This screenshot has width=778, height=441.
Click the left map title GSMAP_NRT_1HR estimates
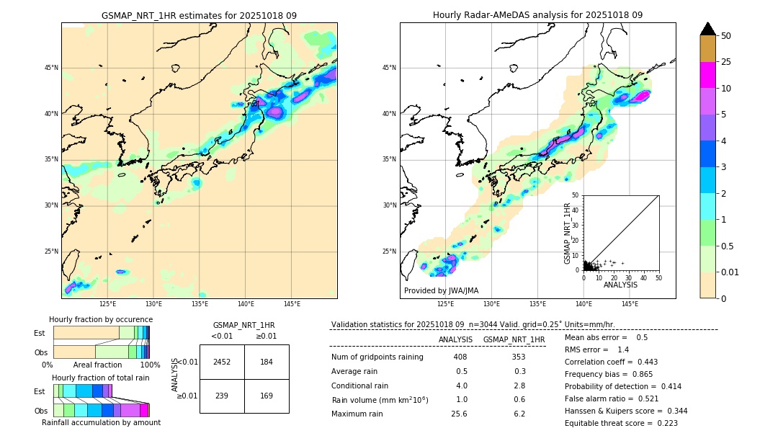199,15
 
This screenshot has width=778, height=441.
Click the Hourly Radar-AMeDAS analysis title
537,15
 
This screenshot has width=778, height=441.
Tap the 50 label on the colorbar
726,36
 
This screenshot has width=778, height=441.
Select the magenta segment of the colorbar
707,75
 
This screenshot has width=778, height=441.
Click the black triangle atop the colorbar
707,29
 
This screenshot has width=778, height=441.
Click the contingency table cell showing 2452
222,362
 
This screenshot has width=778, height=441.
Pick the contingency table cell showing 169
267,396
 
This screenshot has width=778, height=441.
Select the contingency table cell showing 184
267,362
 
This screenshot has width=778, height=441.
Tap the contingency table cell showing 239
222,396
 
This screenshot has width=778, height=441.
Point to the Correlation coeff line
611,362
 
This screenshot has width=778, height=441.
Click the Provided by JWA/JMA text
441,290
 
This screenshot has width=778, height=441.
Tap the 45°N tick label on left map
51,68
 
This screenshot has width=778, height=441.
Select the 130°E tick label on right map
491,304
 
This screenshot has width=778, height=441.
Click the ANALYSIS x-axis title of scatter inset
620,285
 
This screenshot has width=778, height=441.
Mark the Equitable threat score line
621,423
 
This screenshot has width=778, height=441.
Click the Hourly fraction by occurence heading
101,319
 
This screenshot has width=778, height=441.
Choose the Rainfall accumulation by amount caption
102,422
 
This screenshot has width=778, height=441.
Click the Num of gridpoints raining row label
377,357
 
